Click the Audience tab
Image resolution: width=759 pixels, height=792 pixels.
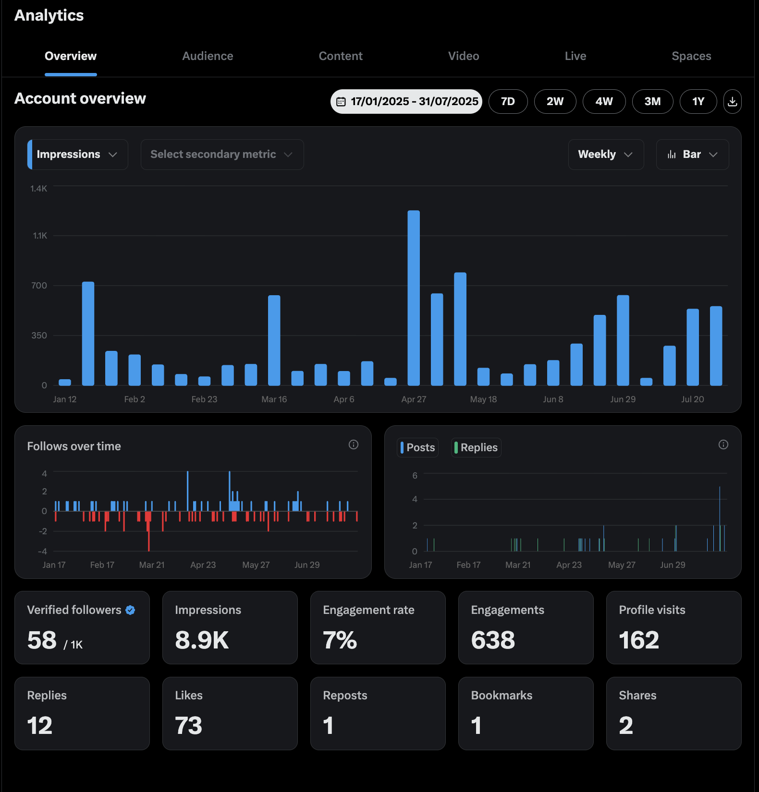(208, 56)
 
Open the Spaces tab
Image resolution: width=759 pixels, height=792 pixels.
(691, 56)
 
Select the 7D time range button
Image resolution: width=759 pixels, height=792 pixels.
(508, 101)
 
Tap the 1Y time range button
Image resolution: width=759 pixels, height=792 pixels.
(698, 101)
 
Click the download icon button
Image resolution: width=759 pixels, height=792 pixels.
(732, 101)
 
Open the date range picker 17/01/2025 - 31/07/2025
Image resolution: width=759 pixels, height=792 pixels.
(406, 101)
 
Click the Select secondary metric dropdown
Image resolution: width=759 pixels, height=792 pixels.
(222, 155)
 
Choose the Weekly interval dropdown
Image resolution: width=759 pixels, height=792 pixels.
(605, 155)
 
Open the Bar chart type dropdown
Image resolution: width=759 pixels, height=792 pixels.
(692, 155)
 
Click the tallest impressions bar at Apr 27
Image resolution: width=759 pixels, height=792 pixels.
(414, 298)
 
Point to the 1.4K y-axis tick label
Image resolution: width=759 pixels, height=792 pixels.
(38, 189)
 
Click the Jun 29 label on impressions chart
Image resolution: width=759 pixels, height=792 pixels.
(623, 399)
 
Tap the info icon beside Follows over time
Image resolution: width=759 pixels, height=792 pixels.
(354, 444)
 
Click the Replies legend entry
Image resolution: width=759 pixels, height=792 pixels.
(476, 447)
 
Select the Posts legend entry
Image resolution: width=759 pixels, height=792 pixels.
(418, 447)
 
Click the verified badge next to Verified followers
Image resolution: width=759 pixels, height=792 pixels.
(130, 610)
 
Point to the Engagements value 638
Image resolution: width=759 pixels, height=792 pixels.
(493, 640)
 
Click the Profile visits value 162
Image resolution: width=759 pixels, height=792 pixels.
(639, 640)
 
